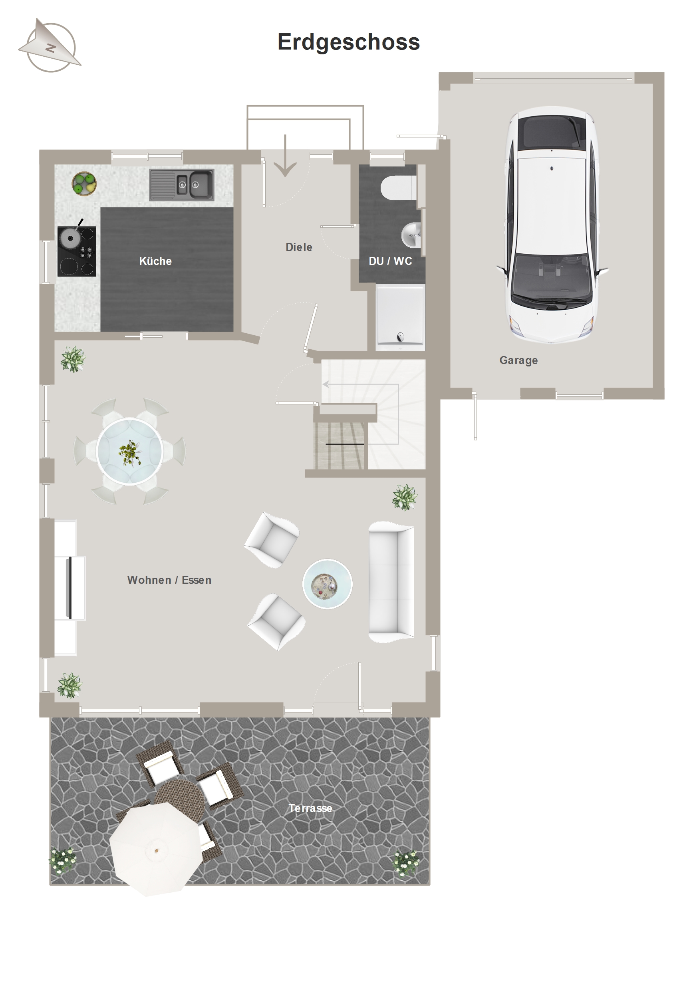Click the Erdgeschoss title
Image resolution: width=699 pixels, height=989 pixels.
[x=348, y=43]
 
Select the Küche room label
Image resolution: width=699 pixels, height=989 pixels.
[x=155, y=261]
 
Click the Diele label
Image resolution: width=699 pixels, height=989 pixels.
[x=299, y=247]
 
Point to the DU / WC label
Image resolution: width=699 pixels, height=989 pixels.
[x=390, y=261]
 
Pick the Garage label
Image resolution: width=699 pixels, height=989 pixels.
[x=518, y=360]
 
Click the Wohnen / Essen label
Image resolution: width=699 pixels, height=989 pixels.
[x=169, y=580]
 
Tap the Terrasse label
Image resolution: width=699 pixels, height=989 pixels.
[x=310, y=808]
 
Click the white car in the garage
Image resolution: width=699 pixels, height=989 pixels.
[x=552, y=225]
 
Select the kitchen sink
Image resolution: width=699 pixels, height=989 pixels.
[x=182, y=185]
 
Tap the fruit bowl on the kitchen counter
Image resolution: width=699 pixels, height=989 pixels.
[x=84, y=184]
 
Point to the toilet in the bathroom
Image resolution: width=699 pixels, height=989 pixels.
[x=399, y=187]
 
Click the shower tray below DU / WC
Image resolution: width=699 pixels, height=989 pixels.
[x=400, y=317]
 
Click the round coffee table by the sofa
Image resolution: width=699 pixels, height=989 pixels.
[x=327, y=584]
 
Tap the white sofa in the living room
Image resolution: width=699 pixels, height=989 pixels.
[x=391, y=582]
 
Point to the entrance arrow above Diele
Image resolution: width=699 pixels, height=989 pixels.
[x=285, y=155]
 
